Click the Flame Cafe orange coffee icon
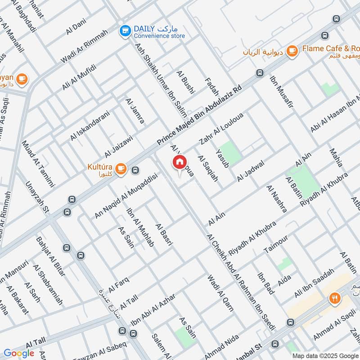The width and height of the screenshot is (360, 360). (292, 51)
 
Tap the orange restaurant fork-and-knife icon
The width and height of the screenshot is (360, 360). (334, 298)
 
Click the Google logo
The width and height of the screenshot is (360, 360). (19, 353)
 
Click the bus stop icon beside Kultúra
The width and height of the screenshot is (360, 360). (135, 170)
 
